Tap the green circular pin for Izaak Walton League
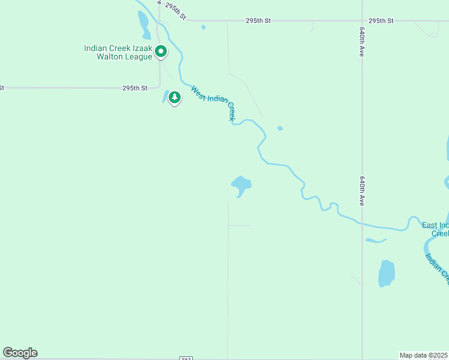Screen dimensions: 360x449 coord(161,52)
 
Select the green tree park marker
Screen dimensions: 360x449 coord(175,97)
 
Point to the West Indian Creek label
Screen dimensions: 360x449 coord(212,103)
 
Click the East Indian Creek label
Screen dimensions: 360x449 coord(435,229)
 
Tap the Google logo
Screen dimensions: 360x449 coord(20,352)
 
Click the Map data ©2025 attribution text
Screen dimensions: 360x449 coord(424,355)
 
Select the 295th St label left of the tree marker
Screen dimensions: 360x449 coord(135,88)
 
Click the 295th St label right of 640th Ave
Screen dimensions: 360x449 coord(381,20)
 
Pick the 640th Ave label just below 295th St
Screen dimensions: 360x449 coord(363,42)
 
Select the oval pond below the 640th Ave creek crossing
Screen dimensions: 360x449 coord(387,273)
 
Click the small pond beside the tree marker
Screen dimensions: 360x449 coord(165,96)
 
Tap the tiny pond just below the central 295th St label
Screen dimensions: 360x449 coord(203,27)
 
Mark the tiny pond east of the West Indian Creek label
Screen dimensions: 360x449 coord(280,128)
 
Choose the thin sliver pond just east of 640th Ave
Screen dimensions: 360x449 coord(376,241)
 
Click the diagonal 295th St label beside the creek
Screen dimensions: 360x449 coord(175,12)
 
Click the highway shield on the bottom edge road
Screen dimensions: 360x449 coord(186,358)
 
